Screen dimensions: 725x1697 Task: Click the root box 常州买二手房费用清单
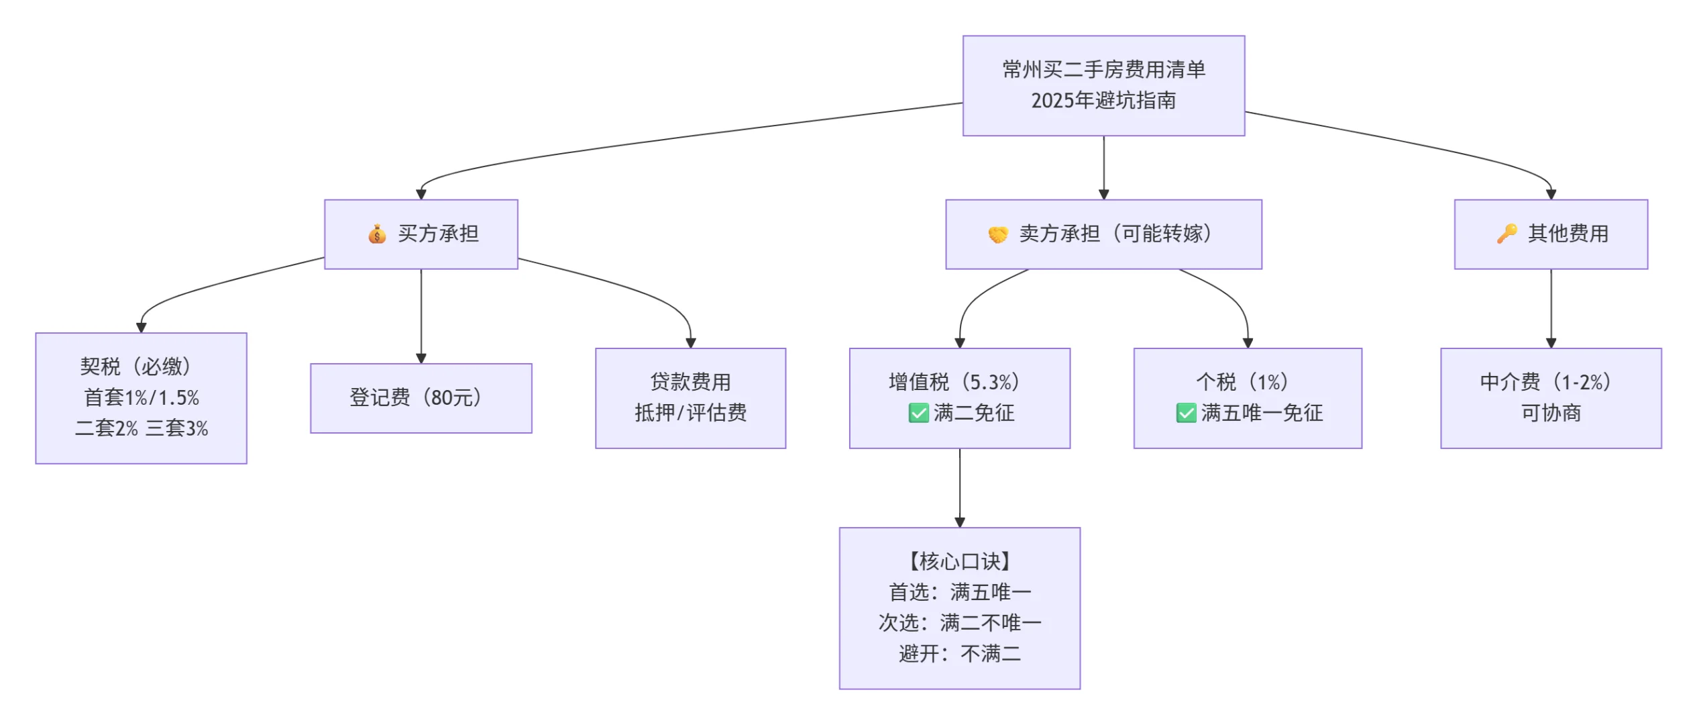1103,85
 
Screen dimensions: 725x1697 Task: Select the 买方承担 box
421,234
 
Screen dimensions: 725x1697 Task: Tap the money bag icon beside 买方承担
376,234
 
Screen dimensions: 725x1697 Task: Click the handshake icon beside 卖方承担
997,235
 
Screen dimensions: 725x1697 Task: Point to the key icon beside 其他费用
1507,234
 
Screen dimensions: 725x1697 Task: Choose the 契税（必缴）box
141,398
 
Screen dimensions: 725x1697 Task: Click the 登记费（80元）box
421,398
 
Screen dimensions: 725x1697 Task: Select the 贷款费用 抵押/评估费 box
690,398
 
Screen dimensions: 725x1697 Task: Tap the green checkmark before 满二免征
918,413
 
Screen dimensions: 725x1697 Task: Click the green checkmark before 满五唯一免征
1185,413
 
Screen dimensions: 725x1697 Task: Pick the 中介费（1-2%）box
1550,398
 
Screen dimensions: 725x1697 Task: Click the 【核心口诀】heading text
959,561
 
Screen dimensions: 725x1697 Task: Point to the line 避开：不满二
959,653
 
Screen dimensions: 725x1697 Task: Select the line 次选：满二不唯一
959,622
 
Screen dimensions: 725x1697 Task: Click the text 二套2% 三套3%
141,428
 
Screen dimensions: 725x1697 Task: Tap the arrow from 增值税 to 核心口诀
959,488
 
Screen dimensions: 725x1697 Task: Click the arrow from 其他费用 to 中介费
1550,308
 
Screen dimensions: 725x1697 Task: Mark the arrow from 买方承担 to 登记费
421,316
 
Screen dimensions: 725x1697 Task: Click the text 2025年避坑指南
1103,101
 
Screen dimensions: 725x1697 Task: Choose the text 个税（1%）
1242,382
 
